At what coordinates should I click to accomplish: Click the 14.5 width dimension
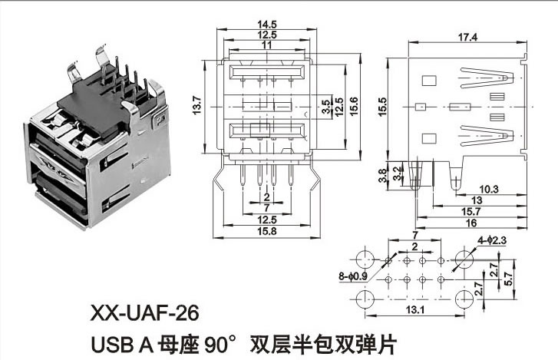[267, 25]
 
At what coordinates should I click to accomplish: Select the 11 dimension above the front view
[267, 45]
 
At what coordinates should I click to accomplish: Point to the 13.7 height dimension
[197, 105]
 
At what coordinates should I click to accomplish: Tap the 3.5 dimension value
[325, 107]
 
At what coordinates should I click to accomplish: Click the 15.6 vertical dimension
[354, 107]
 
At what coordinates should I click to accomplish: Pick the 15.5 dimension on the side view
[382, 107]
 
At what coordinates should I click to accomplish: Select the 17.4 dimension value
[467, 38]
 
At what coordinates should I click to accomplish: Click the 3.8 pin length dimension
[382, 176]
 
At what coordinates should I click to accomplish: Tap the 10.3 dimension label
[489, 190]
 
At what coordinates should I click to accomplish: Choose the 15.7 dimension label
[471, 212]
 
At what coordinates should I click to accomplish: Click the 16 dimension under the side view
[471, 223]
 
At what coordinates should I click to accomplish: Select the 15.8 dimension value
[267, 231]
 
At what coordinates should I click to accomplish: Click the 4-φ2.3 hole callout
[492, 240]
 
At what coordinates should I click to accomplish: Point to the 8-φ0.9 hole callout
[353, 276]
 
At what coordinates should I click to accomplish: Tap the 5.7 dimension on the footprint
[509, 279]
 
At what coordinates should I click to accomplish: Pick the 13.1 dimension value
[415, 310]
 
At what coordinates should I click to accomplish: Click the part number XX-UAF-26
[145, 313]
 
